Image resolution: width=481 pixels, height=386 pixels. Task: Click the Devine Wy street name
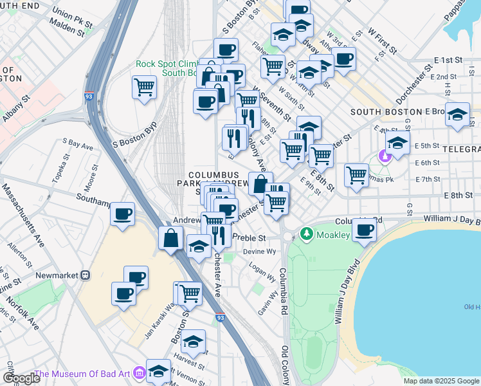tap(259, 252)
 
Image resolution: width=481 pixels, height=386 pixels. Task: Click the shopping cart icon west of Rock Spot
tap(145, 86)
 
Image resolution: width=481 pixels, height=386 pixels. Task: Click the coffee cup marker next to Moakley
tap(365, 229)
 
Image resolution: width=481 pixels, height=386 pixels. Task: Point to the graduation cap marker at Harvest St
tap(193, 341)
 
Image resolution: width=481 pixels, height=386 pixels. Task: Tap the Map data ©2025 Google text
tap(441, 381)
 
